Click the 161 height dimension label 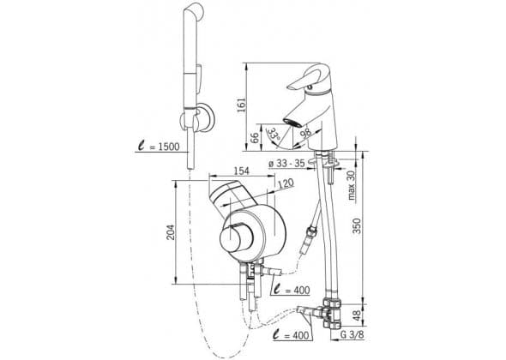(x=241, y=105)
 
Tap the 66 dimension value (x=255, y=137)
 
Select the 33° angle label (x=274, y=134)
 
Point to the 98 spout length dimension (x=305, y=132)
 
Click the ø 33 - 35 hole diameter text (x=286, y=163)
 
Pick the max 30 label (x=352, y=185)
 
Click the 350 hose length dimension (x=357, y=225)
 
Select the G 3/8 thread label (x=352, y=335)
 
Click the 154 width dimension (x=241, y=171)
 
